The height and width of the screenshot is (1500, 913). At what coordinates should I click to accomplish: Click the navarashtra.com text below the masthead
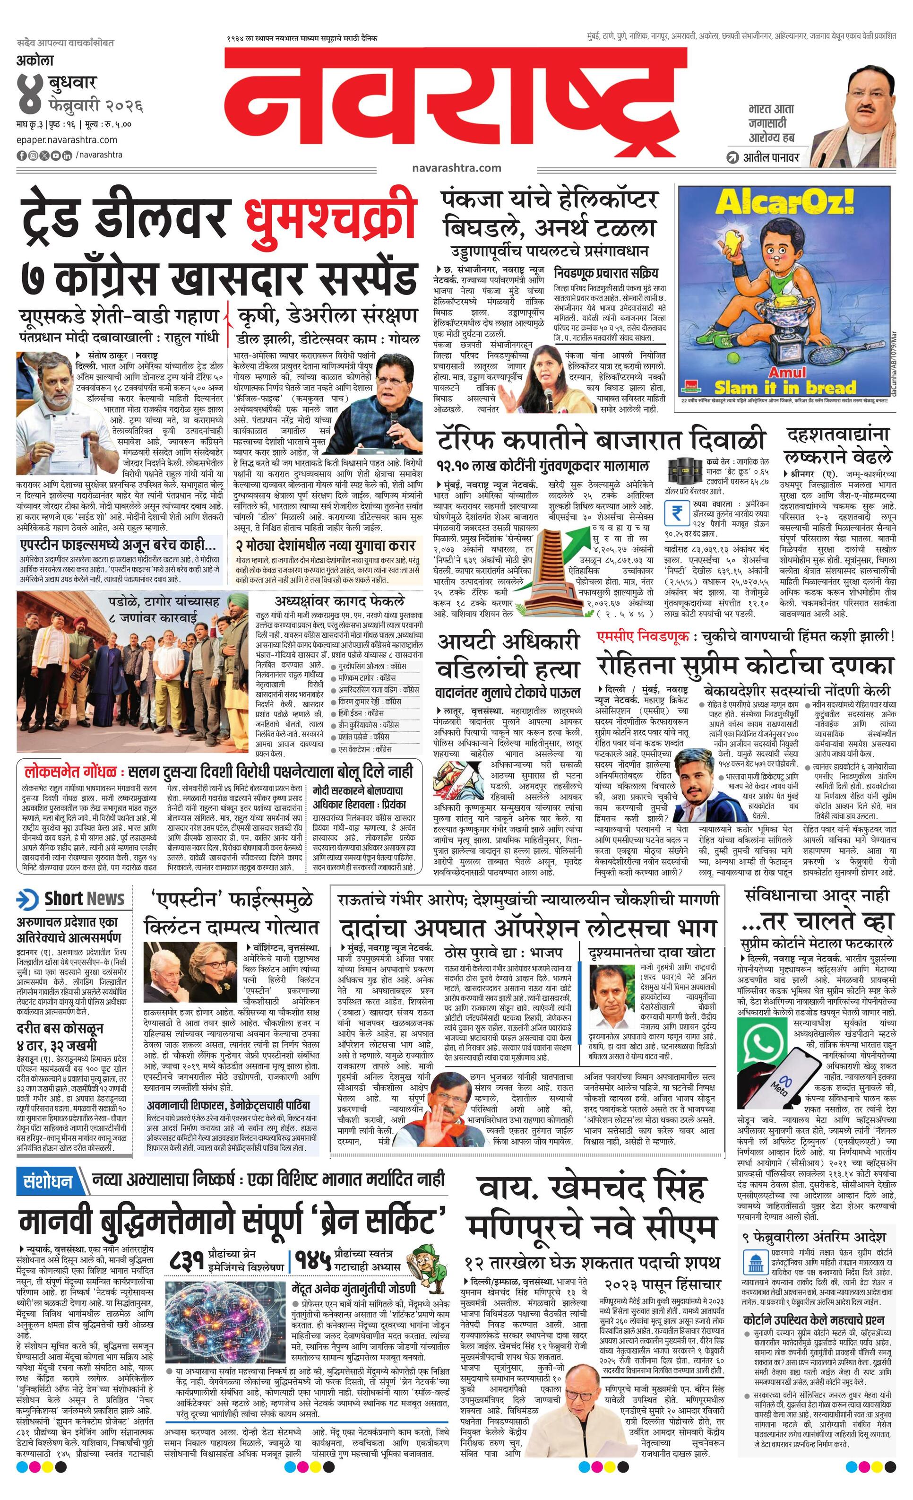point(456,167)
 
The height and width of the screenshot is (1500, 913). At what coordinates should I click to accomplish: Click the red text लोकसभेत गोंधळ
point(70,772)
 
